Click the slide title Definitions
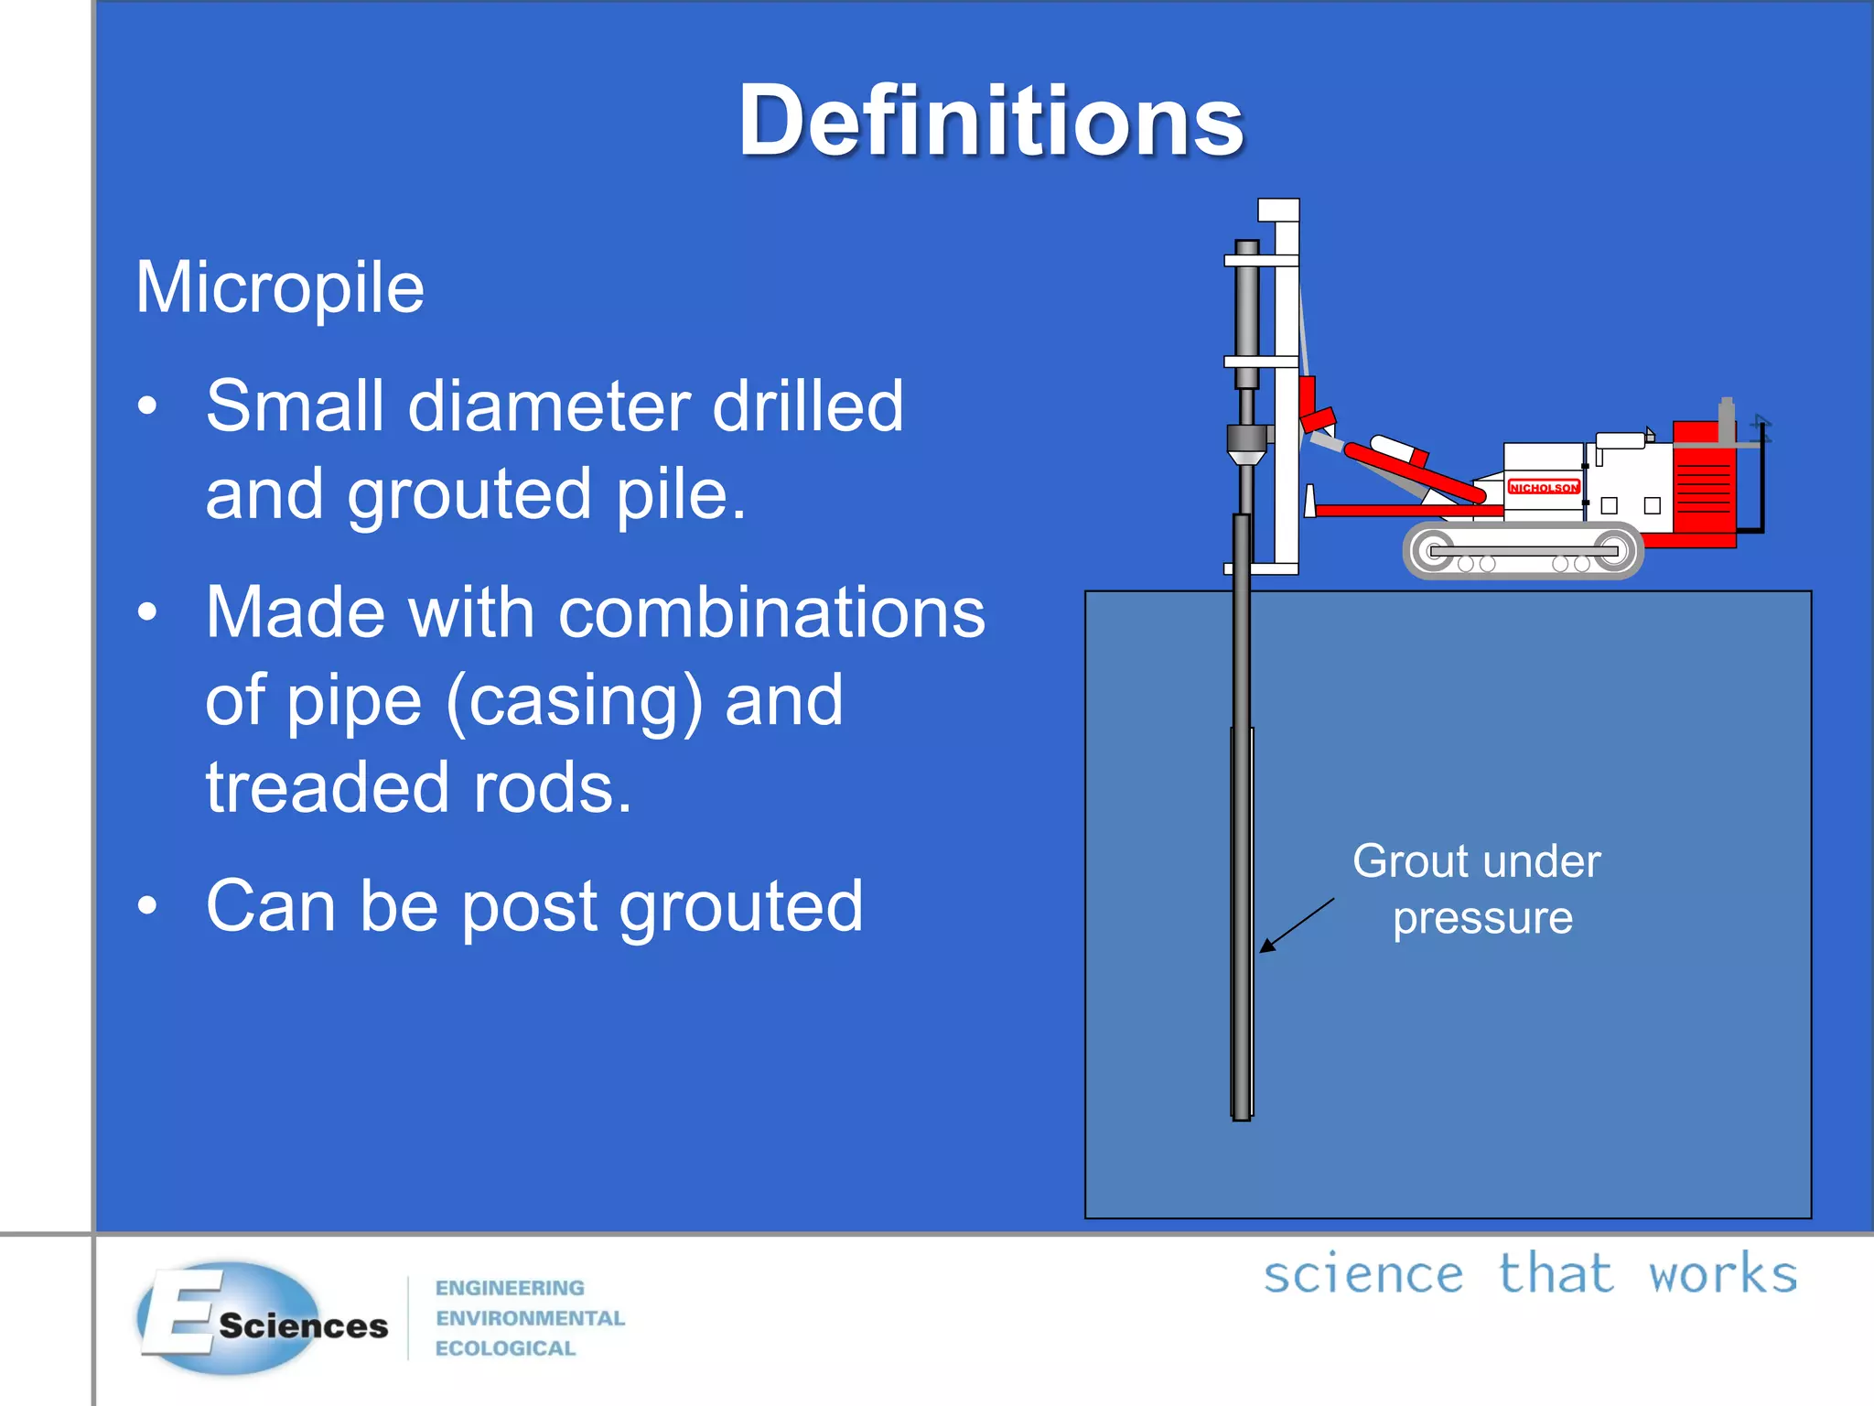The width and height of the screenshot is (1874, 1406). coord(991,121)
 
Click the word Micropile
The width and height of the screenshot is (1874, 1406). coord(280,288)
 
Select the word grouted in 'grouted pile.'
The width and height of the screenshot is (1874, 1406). coord(469,494)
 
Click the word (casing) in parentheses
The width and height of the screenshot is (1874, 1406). coord(574,700)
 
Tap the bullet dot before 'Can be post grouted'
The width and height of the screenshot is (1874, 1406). coord(147,906)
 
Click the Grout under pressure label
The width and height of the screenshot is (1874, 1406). coord(1478,889)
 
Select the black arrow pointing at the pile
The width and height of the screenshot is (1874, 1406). coord(1296,925)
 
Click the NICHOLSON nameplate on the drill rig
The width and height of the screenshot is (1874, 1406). coord(1544,487)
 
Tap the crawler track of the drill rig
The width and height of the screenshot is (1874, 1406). coord(1523,551)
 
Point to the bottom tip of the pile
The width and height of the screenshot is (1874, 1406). coord(1242,1115)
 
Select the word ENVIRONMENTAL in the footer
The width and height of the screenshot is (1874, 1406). coord(530,1318)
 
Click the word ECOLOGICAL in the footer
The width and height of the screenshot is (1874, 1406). coord(505,1348)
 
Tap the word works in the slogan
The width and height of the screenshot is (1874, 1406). coord(1722,1274)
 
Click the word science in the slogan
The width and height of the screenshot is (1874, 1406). coord(1363,1274)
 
